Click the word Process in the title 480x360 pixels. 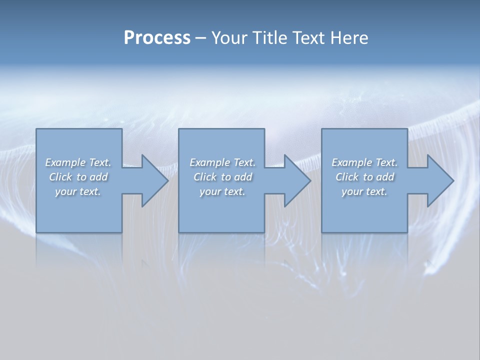pyautogui.click(x=157, y=38)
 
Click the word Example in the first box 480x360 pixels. pyautogui.click(x=65, y=162)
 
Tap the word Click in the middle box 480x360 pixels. pyautogui.click(x=205, y=177)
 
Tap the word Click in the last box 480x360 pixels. pyautogui.click(x=347, y=177)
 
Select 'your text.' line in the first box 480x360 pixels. pyautogui.click(x=78, y=191)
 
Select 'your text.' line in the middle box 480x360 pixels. pyautogui.click(x=222, y=191)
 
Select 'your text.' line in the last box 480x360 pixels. pyautogui.click(x=364, y=191)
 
